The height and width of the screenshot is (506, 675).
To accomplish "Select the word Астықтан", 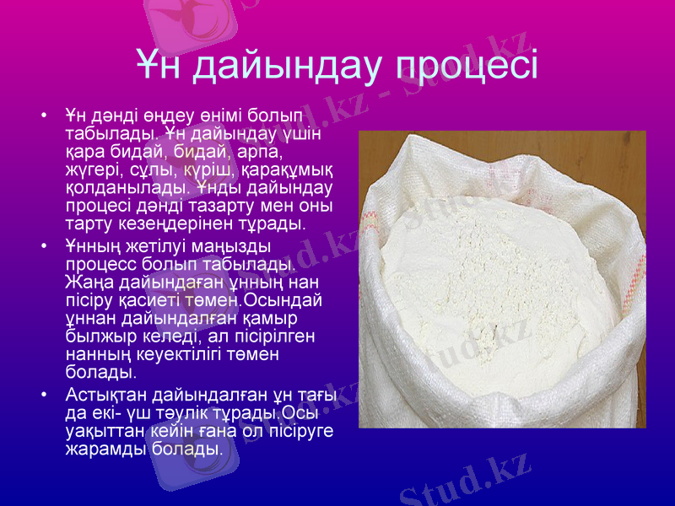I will (x=105, y=395).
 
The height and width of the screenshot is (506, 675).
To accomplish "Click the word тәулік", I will (x=173, y=413).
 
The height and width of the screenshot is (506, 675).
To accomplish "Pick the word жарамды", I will (x=104, y=450).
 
